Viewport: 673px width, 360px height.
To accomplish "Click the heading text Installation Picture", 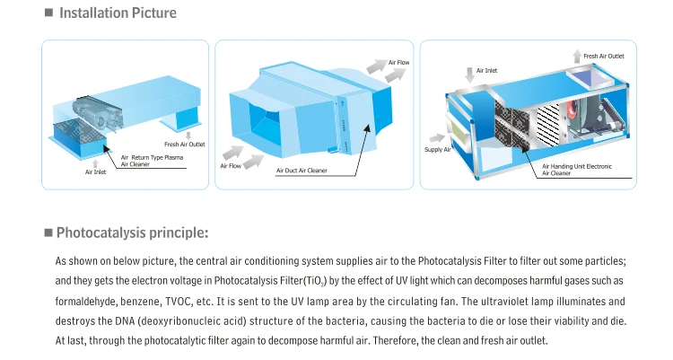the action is [118, 13].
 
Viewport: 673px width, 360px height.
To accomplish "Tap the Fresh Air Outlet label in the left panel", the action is [184, 144].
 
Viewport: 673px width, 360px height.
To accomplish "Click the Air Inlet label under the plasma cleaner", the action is [95, 171].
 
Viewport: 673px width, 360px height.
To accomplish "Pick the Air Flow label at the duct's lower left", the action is [231, 166].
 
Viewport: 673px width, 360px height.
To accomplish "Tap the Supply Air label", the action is [438, 149].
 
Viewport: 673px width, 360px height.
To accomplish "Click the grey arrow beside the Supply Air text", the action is [440, 137].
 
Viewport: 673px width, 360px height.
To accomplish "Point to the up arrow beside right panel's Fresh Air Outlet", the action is [574, 60].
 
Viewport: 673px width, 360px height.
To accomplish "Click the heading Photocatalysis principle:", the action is [132, 233].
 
